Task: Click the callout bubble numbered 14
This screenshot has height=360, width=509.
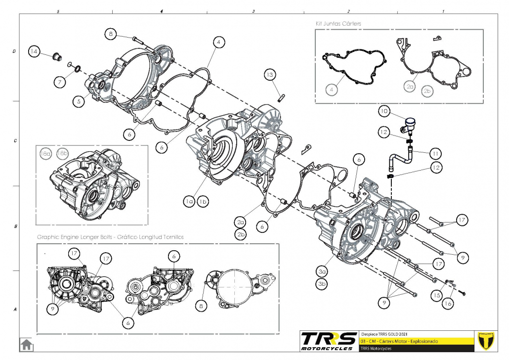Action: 34,52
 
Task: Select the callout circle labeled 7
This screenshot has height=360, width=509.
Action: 59,82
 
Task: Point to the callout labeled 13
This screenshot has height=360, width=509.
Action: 269,75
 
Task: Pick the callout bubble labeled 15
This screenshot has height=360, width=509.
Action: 435,295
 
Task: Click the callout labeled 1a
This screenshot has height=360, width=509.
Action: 188,202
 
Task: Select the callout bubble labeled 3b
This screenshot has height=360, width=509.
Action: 322,284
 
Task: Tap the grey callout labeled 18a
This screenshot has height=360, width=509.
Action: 45,154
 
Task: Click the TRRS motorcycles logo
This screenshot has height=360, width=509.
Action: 329,341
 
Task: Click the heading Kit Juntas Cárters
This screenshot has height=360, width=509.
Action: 338,24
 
